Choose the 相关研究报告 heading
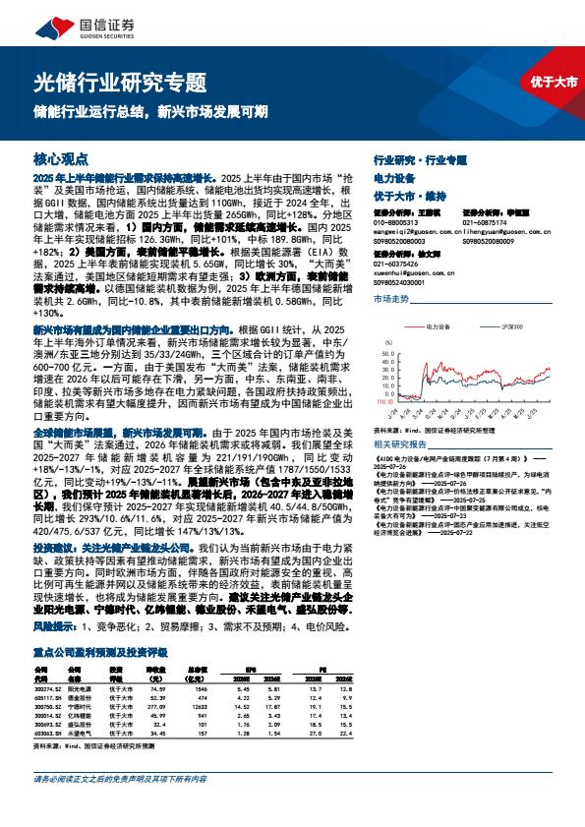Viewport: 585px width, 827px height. (398, 444)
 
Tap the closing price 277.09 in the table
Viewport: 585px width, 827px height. (154, 679)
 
